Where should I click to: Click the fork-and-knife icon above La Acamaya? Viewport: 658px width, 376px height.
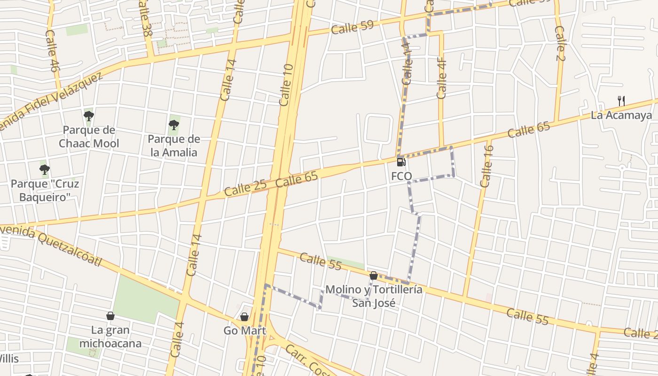(621, 101)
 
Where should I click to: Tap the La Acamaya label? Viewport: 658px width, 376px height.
(621, 115)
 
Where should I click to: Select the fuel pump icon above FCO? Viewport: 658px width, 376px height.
(401, 162)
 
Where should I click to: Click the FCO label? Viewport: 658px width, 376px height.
(401, 176)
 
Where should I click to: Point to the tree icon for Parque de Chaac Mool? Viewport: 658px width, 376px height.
(89, 116)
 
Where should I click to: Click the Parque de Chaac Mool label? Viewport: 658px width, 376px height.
(89, 136)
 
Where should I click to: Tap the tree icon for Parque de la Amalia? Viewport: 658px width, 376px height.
(174, 125)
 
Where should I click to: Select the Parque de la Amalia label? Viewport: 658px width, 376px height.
(174, 146)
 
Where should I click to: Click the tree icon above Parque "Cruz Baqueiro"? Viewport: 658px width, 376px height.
(45, 169)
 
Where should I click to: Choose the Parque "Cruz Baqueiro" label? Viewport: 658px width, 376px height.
(45, 190)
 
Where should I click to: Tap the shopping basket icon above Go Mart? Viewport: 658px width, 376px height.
(244, 317)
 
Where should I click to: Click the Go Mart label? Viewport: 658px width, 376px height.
(244, 330)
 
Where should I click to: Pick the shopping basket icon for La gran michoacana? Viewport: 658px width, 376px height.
(110, 316)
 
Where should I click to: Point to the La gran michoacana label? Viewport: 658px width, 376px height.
(110, 337)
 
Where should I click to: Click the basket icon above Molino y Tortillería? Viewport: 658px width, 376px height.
(374, 275)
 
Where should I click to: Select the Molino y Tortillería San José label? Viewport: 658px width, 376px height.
(374, 296)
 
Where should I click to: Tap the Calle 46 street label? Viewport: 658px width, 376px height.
(52, 51)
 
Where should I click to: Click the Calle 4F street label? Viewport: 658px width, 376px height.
(441, 78)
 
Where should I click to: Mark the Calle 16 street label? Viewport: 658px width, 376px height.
(487, 166)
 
